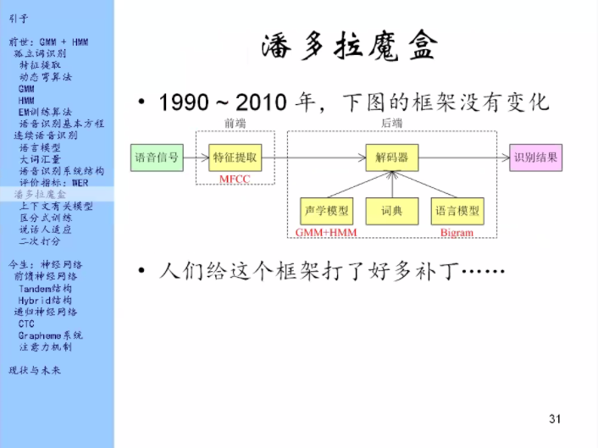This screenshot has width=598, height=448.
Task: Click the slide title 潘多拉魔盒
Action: (x=350, y=47)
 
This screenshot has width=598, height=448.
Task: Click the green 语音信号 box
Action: (x=157, y=158)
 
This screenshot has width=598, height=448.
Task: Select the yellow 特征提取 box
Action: (x=235, y=158)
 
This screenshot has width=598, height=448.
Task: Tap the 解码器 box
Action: (x=392, y=158)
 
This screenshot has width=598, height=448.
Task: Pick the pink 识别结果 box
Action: (x=535, y=158)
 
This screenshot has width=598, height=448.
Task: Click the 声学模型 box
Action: (x=326, y=211)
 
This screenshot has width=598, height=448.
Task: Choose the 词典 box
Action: (x=392, y=211)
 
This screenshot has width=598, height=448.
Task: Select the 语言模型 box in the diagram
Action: (x=457, y=211)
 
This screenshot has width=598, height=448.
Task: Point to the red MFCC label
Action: (x=236, y=180)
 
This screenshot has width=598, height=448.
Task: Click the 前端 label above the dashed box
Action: (x=235, y=123)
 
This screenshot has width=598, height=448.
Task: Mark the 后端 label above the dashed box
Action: (x=391, y=123)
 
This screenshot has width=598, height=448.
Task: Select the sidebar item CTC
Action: (x=27, y=324)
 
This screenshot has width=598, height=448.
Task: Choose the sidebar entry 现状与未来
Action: (x=35, y=370)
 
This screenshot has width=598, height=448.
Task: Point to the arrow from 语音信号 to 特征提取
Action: (x=195, y=158)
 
